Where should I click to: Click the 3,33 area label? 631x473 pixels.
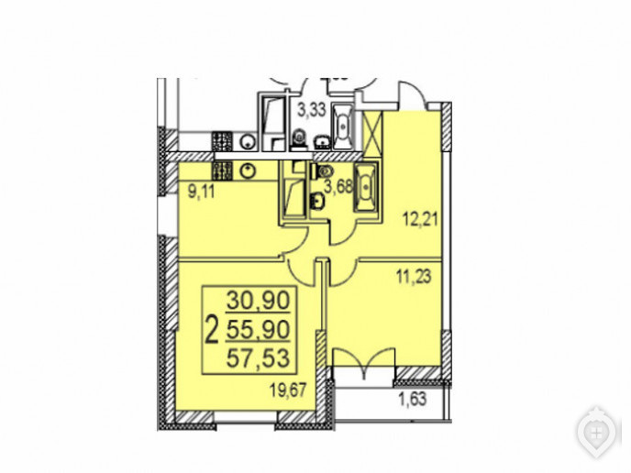tap(311, 109)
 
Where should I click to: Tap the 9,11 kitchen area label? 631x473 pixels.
tap(202, 192)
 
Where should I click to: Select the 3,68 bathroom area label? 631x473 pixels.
tap(338, 186)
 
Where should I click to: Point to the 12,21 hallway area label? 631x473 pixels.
tap(420, 220)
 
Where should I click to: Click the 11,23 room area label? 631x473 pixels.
tap(414, 276)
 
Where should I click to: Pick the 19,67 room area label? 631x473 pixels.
tap(289, 390)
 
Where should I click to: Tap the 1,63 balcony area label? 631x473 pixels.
tap(413, 401)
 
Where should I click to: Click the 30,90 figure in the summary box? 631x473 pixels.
tap(258, 300)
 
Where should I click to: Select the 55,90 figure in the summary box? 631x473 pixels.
tap(258, 330)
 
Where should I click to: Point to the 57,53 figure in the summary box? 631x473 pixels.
tap(258, 358)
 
